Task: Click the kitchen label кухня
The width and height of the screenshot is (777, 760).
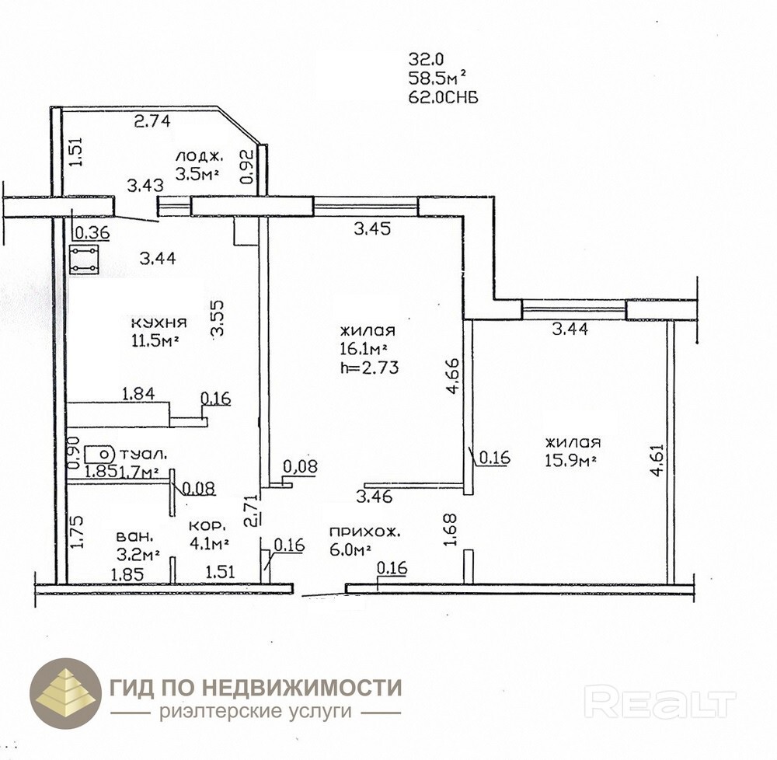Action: (x=159, y=323)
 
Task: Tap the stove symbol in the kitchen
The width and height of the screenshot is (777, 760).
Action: (x=84, y=260)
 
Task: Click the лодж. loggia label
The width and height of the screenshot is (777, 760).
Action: (x=199, y=156)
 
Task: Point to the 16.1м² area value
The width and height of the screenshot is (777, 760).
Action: (x=363, y=349)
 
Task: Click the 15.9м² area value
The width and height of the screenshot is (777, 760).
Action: (x=570, y=461)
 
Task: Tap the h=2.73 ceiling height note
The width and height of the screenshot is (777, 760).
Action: (x=369, y=368)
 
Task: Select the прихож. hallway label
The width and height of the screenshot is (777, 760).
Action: (x=364, y=532)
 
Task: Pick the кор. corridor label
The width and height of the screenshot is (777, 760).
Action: (x=207, y=525)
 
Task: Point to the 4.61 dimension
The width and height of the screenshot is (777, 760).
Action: (x=657, y=459)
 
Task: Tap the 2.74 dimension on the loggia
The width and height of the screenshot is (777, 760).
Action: (x=152, y=120)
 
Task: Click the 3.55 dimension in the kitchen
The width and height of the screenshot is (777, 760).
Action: (x=218, y=319)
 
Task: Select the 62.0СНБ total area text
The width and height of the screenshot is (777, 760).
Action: (x=444, y=98)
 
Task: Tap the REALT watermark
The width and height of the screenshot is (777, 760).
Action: (x=660, y=701)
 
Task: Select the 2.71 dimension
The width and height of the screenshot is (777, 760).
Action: (x=253, y=511)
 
